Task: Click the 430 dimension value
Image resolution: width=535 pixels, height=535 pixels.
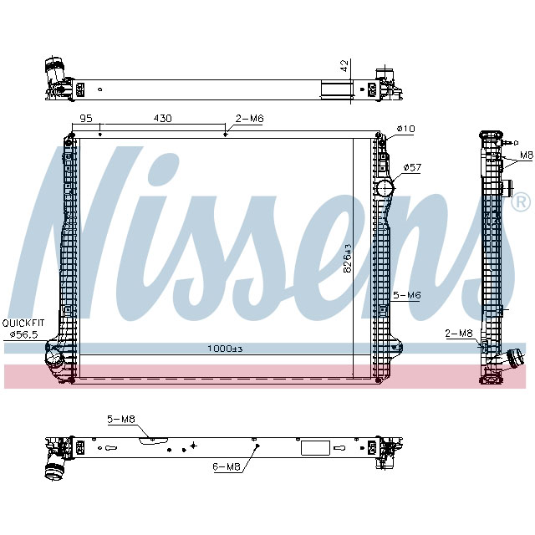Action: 162,119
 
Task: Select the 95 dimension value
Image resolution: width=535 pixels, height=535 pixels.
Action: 85,119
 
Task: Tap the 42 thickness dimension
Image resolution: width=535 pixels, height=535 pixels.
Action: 344,66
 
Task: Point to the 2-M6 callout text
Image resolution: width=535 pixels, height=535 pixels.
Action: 249,119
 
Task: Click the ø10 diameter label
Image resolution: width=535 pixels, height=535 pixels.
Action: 405,128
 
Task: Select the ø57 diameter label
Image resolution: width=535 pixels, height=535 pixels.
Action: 412,167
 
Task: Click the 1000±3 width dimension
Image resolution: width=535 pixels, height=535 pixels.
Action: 225,349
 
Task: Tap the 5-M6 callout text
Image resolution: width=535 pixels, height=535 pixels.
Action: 406,295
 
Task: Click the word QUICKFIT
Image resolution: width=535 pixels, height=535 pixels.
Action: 23,323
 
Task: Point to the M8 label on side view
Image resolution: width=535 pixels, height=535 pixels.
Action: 526,155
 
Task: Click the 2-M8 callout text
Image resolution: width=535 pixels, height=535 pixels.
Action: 458,333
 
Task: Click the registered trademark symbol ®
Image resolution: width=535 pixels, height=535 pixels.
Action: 519,201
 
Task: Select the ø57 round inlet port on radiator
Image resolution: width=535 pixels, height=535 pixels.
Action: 384,190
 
